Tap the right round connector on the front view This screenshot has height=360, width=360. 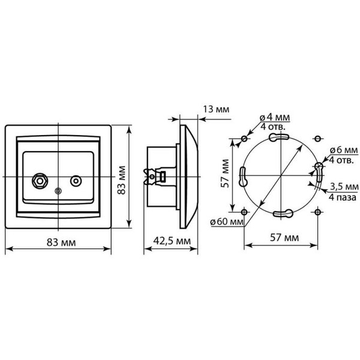tap(76, 180)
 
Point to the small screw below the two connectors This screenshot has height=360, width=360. tap(58, 192)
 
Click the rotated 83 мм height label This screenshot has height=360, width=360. tap(122, 178)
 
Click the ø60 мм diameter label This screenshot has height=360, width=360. tap(227, 221)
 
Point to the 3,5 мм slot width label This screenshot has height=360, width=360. tap(343, 185)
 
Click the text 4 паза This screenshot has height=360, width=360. tap(343, 196)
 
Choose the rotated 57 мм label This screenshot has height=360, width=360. tap(224, 174)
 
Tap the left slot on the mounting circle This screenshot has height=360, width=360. tap(244, 176)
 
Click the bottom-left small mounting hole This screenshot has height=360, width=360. tap(244, 211)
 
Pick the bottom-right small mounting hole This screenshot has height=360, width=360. tap(317, 211)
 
